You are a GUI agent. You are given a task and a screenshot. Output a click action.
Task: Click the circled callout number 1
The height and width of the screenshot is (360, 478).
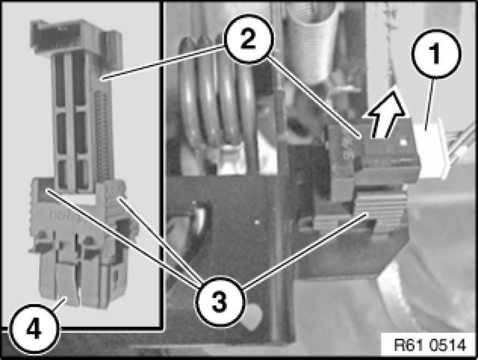436,54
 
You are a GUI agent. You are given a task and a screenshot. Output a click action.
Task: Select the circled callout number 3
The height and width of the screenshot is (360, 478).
220,302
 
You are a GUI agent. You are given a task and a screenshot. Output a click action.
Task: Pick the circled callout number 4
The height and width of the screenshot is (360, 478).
33,329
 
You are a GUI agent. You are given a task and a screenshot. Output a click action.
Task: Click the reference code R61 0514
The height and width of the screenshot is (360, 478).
430,345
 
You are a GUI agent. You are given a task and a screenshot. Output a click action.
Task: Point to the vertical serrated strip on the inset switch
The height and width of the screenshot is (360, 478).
101,134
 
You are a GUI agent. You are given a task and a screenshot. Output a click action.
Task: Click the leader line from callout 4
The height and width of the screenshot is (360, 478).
59,304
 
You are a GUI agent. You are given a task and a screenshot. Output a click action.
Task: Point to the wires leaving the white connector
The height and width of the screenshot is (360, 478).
461,143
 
